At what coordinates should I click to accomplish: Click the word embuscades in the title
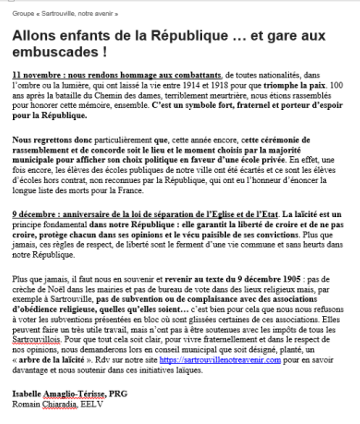(x=58, y=54)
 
